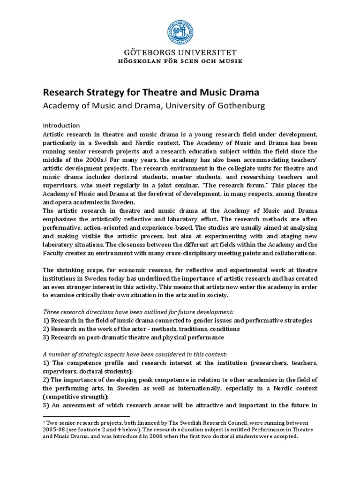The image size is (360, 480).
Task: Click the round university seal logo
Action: tap(180, 30)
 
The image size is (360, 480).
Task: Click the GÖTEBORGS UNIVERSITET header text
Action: tap(180, 52)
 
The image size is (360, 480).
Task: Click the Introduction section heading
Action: tap(61, 126)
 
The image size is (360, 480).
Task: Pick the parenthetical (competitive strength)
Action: tap(73, 397)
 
